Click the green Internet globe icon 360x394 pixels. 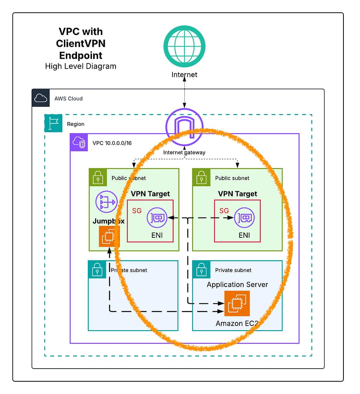pyautogui.click(x=184, y=45)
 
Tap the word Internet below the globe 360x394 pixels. pyautogui.click(x=184, y=75)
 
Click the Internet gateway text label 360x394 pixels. pyautogui.click(x=184, y=152)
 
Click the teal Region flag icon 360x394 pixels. pyautogui.click(x=54, y=123)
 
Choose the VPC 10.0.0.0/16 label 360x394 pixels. pyautogui.click(x=112, y=143)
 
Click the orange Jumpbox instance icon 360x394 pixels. pyautogui.click(x=109, y=236)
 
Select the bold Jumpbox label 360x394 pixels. pyautogui.click(x=108, y=221)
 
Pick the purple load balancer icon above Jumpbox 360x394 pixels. pyautogui.click(x=106, y=201)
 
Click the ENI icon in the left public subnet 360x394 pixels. pyautogui.click(x=157, y=218)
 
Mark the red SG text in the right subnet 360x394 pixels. pyautogui.click(x=224, y=211)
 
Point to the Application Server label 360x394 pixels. pyautogui.click(x=237, y=285)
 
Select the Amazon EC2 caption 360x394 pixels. pyautogui.click(x=236, y=324)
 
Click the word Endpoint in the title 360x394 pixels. pyautogui.click(x=80, y=55)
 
